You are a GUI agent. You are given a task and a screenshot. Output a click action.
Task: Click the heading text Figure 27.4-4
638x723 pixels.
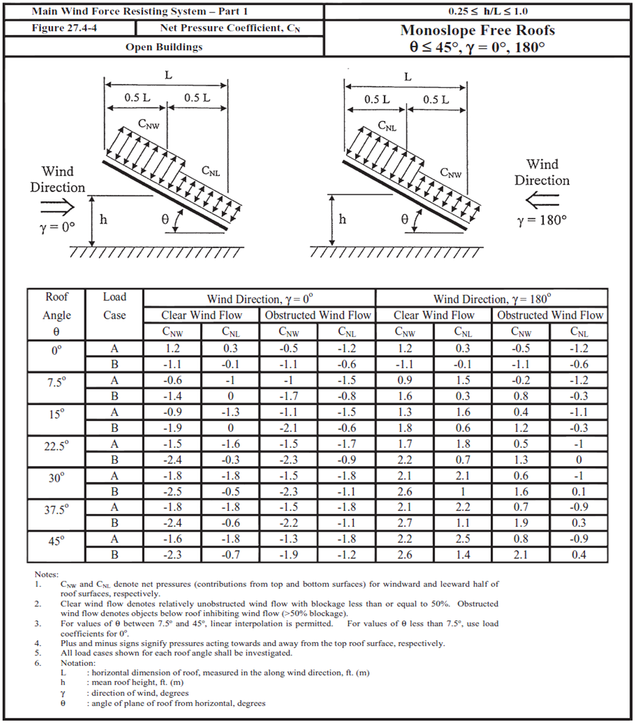click(64, 28)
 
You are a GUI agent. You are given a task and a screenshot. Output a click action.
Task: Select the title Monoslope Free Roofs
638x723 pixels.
click(477, 31)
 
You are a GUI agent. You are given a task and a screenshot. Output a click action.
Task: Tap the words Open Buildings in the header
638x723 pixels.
click(164, 47)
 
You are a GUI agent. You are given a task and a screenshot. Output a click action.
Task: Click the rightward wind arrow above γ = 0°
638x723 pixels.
click(57, 207)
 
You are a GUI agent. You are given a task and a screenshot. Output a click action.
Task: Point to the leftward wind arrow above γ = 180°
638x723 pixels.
click(542, 201)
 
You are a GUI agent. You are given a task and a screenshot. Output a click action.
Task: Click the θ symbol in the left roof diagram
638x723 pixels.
click(165, 220)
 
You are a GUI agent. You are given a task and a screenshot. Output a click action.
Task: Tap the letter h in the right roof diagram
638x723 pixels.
click(342, 220)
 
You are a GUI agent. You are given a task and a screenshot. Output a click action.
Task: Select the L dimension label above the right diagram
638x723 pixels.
click(408, 77)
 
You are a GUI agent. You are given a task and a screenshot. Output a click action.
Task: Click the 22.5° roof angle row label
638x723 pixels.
click(57, 446)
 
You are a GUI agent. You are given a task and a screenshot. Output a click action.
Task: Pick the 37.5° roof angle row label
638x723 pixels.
click(57, 509)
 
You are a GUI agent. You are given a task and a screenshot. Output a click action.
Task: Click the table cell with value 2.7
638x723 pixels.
click(404, 523)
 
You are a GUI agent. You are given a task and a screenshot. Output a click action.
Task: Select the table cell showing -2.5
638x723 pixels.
click(172, 492)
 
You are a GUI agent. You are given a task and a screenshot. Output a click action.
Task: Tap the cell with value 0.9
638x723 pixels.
click(404, 380)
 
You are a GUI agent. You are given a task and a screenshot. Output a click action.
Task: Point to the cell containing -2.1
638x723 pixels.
click(289, 428)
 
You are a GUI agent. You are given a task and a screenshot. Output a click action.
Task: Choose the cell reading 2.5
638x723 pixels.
click(463, 539)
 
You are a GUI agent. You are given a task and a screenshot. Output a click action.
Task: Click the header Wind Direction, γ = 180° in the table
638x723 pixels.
click(492, 299)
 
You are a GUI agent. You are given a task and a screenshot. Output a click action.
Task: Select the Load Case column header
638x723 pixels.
click(114, 306)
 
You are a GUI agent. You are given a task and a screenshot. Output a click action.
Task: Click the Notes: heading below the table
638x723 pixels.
click(46, 575)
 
